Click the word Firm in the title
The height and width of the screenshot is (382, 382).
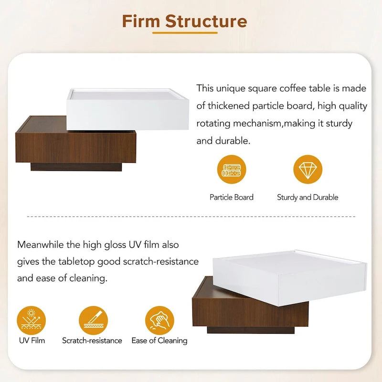141,21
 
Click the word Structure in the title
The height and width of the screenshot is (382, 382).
206,21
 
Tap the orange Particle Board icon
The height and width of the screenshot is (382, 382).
232,170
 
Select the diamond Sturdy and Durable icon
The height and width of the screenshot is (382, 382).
308,170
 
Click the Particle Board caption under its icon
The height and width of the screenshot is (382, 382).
232,197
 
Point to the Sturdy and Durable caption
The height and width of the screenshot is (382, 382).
308,197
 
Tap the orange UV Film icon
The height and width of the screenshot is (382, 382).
32,320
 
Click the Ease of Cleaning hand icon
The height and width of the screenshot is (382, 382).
159,320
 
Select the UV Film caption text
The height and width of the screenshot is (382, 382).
32,340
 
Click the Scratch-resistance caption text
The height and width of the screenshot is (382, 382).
92,340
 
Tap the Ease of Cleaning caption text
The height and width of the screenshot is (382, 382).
159,340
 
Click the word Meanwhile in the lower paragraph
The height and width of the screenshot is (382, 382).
41,245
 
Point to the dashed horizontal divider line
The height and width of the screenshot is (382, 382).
191,217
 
